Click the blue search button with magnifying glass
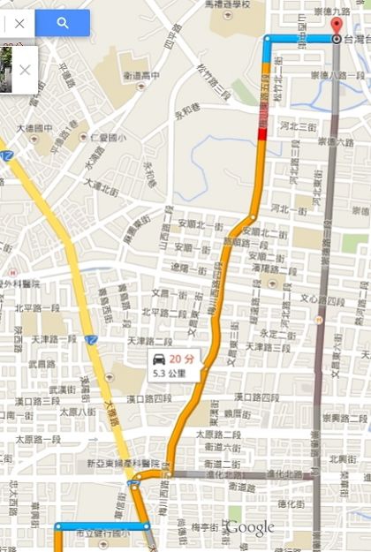(x=62, y=23)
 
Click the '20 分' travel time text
(x=181, y=359)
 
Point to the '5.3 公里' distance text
(x=171, y=373)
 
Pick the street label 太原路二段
(x=218, y=434)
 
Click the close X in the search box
(x=19, y=23)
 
